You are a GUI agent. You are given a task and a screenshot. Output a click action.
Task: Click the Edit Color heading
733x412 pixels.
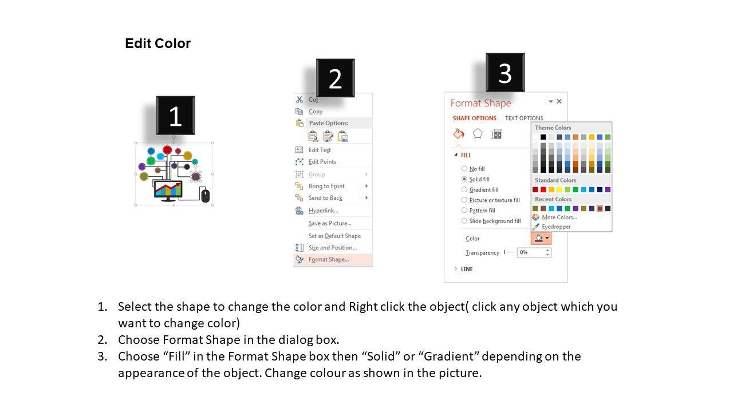(x=157, y=43)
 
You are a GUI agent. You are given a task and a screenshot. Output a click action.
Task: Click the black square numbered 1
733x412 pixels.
(x=175, y=116)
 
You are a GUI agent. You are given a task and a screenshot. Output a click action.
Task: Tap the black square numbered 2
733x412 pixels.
(x=336, y=78)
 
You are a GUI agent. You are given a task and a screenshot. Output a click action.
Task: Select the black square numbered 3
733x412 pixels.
(x=505, y=73)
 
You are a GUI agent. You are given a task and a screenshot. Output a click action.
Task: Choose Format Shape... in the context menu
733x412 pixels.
(x=329, y=259)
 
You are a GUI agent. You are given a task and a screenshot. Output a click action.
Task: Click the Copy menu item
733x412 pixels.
(x=316, y=112)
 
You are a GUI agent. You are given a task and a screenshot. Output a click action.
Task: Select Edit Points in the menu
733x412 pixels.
(x=322, y=161)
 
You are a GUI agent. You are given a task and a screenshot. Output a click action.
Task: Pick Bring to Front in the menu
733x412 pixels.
(x=326, y=186)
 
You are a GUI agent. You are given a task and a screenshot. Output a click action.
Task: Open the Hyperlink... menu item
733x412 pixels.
(x=324, y=211)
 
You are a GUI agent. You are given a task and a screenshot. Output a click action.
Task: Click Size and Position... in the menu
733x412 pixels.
(x=333, y=248)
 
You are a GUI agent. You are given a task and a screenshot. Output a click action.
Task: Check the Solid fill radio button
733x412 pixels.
(x=464, y=179)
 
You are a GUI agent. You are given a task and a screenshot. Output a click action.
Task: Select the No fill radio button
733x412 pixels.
(x=464, y=169)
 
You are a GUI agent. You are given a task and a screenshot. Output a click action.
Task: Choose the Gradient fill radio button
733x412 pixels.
(x=464, y=189)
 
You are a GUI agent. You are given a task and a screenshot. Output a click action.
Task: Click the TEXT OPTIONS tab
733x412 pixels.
(x=524, y=118)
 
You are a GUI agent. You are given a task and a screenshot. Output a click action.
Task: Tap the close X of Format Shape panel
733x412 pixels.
(x=559, y=101)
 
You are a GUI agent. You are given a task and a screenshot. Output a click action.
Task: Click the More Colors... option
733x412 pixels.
(x=559, y=217)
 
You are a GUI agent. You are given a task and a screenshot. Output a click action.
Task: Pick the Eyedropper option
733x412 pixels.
(x=556, y=227)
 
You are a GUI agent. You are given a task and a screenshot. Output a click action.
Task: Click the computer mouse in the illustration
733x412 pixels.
(x=205, y=196)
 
